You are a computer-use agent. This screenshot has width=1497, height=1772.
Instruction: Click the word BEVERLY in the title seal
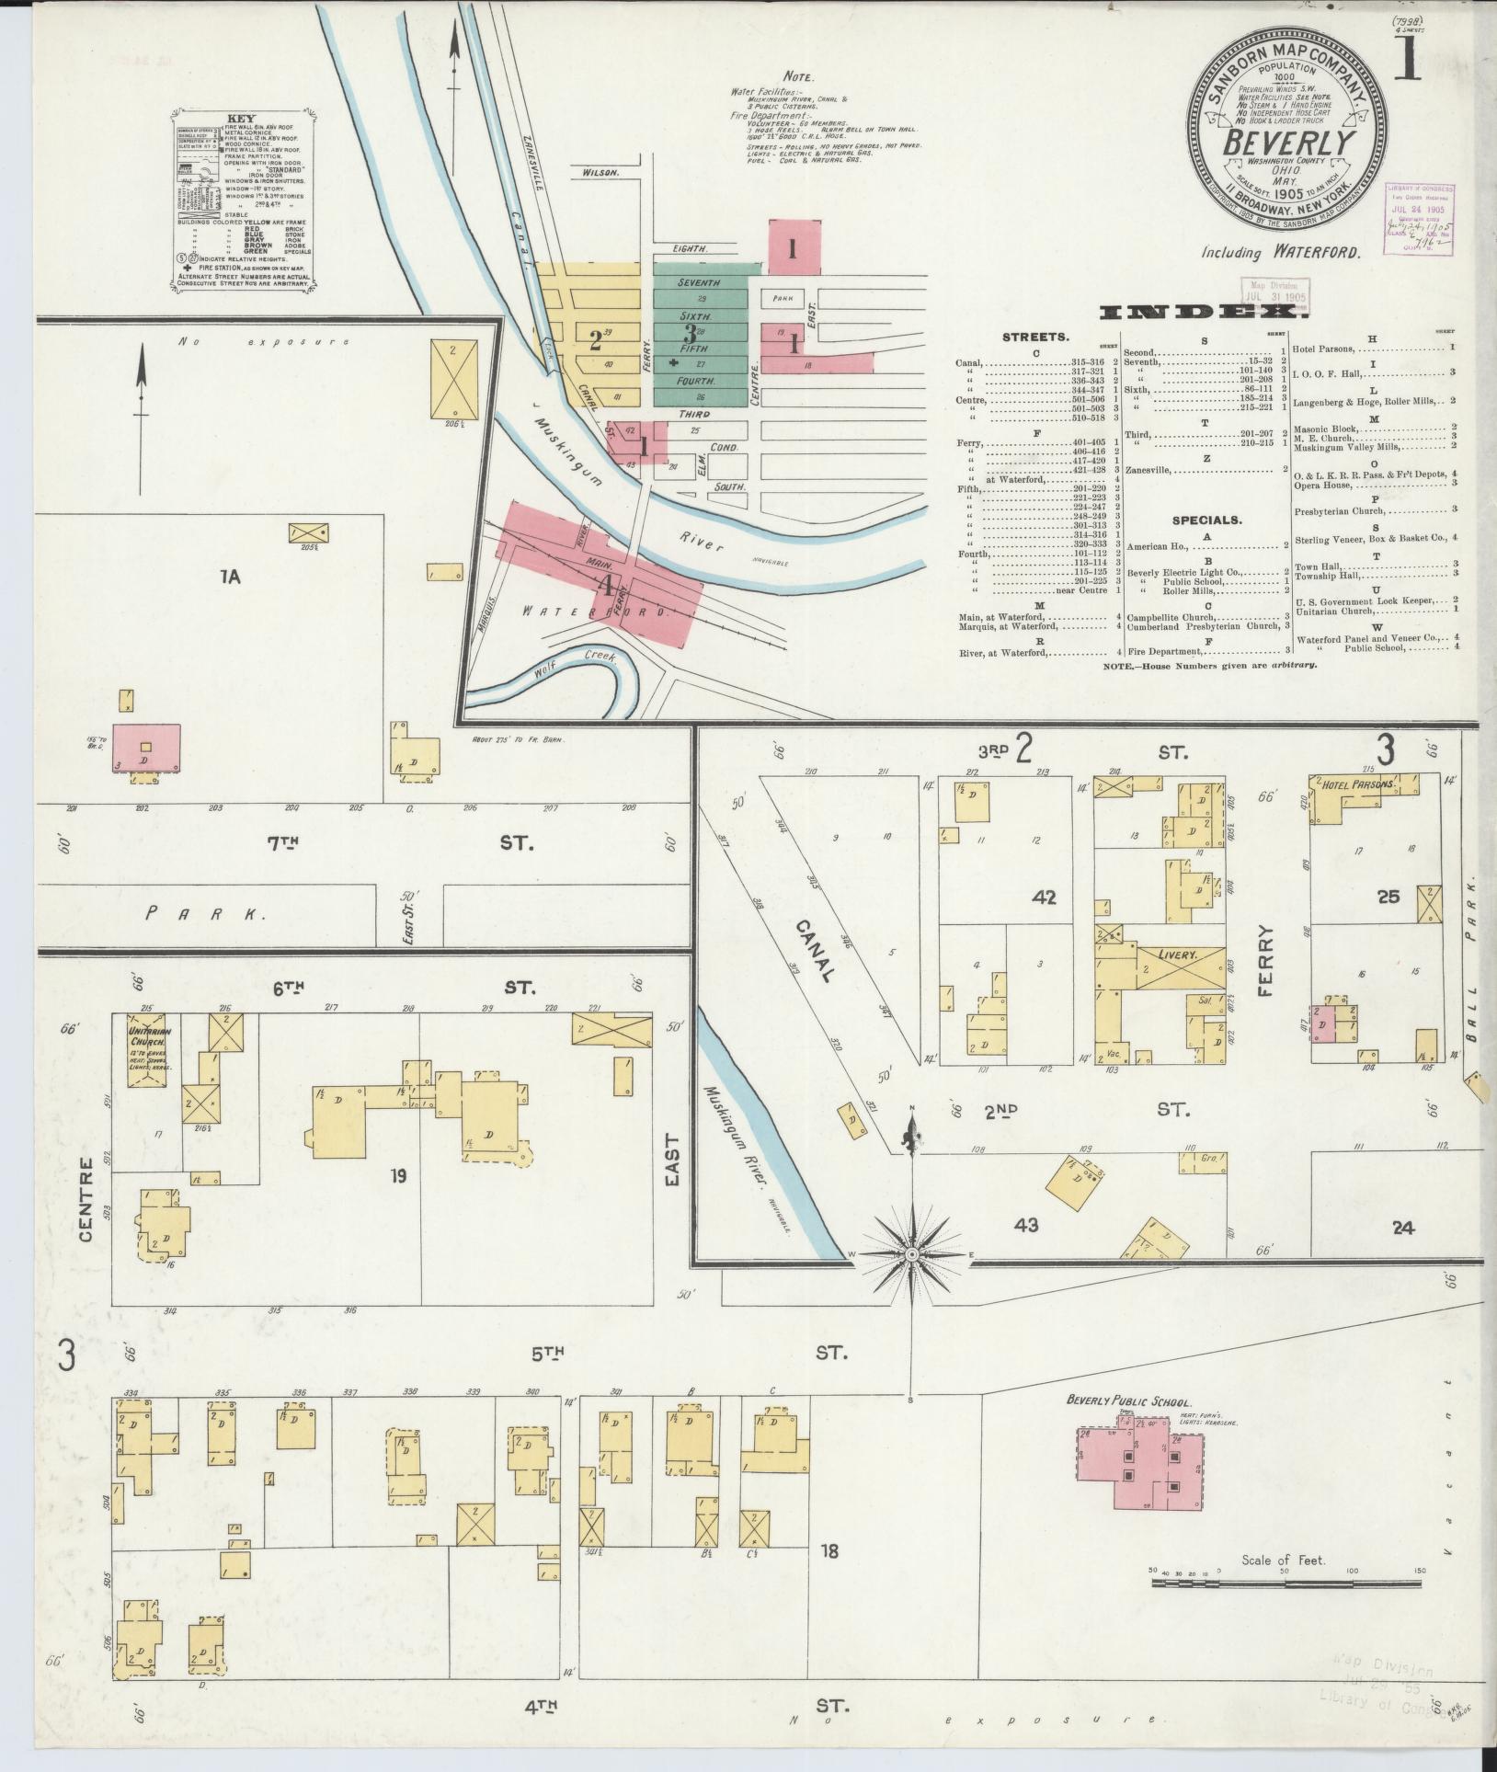1289,143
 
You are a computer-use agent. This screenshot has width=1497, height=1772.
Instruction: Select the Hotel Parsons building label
1357,785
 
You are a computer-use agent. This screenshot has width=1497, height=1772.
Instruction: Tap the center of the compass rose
912,1254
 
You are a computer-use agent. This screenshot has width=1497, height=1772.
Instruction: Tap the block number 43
1026,1224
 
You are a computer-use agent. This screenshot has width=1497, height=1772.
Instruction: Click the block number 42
1044,897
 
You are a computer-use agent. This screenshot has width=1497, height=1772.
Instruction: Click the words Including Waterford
1280,252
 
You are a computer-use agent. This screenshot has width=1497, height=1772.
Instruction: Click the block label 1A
230,577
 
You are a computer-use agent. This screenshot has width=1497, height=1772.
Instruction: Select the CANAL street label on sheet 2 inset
815,951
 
